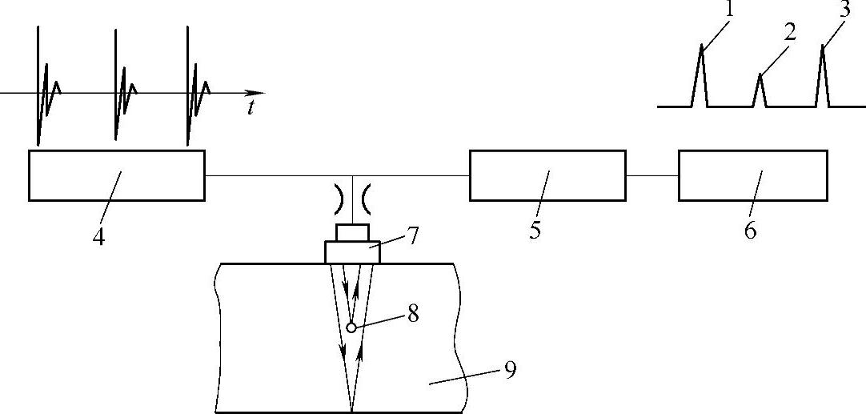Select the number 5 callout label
[x=535, y=230]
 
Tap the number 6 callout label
[x=750, y=231]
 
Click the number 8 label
[x=413, y=313]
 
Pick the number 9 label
[x=510, y=370]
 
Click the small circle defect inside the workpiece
[x=351, y=327]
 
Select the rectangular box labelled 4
[x=116, y=175]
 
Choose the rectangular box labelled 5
[x=547, y=175]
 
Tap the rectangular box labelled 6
[x=753, y=175]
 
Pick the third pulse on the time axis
[x=191, y=88]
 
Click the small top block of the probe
[x=352, y=232]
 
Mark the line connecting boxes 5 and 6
[x=652, y=175]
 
